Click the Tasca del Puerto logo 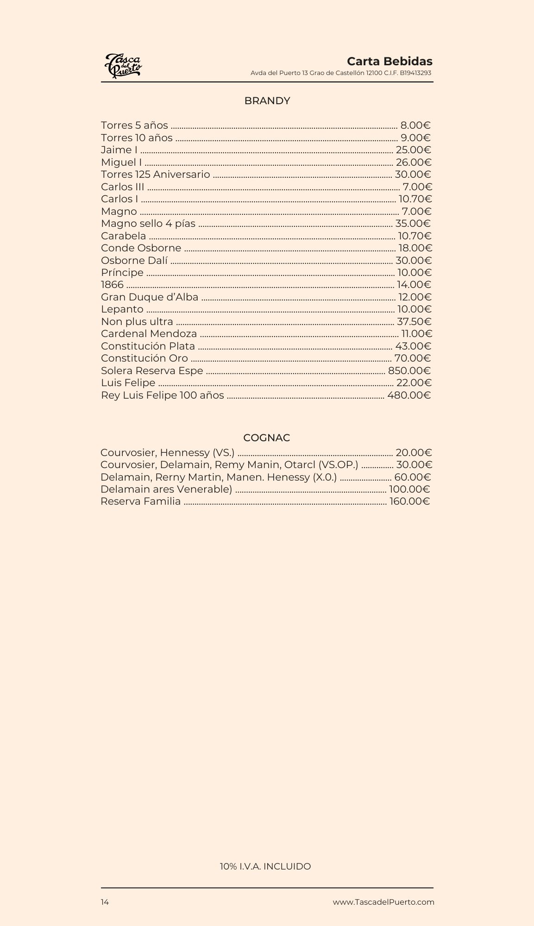[x=123, y=66]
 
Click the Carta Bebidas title [x=390, y=61]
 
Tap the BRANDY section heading [x=267, y=101]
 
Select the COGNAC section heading [x=266, y=438]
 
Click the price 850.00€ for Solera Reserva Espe [x=409, y=371]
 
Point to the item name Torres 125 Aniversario [x=155, y=175]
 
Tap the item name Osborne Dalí [x=134, y=261]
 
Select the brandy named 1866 [x=112, y=285]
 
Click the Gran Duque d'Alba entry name [x=150, y=297]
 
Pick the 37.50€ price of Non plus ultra [x=414, y=322]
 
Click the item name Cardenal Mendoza [x=149, y=334]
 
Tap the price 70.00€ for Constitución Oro [x=412, y=358]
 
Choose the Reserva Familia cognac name [x=140, y=501]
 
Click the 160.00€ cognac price [x=409, y=501]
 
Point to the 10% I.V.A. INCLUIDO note [x=265, y=866]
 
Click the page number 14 [x=105, y=902]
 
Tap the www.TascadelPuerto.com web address [x=383, y=902]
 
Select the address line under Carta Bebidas [x=341, y=73]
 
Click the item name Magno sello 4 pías [x=148, y=224]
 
